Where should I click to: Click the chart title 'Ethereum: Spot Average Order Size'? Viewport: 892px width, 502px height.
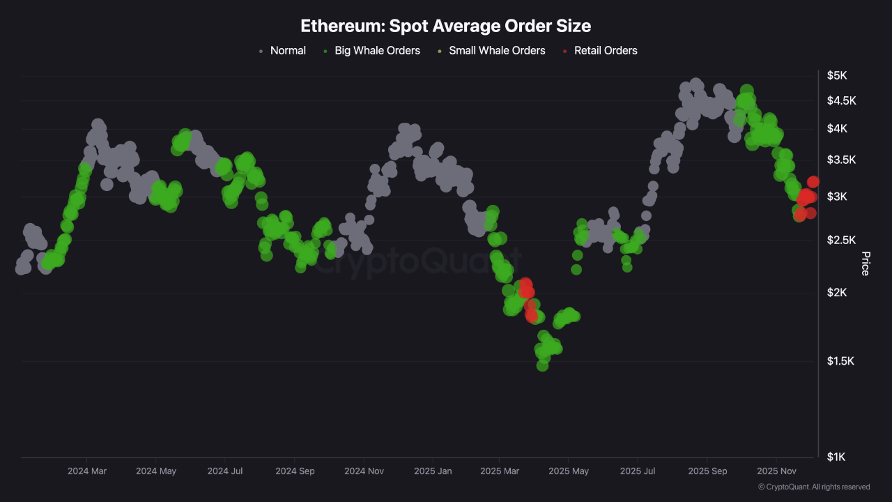(x=445, y=26)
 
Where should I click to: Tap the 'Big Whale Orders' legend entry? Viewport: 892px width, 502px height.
(x=377, y=50)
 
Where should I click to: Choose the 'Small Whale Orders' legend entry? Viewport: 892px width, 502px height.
(x=497, y=50)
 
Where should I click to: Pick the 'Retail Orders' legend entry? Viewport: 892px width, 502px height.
(x=605, y=50)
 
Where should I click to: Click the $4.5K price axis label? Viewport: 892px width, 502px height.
(x=841, y=101)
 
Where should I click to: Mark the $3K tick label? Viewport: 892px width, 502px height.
(x=836, y=197)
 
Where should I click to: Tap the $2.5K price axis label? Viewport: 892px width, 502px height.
(x=841, y=241)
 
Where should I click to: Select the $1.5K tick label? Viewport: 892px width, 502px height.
(x=841, y=361)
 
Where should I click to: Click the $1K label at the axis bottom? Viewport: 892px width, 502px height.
(x=836, y=457)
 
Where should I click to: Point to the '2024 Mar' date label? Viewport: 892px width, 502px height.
(x=87, y=471)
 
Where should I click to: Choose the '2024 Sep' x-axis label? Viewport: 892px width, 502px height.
(x=295, y=471)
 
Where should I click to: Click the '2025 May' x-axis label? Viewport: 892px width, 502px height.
(x=569, y=471)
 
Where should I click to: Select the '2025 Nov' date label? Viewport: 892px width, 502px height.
(x=776, y=471)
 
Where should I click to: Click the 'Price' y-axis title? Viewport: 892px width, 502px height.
(x=866, y=264)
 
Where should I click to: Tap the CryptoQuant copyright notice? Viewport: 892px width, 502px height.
(x=813, y=487)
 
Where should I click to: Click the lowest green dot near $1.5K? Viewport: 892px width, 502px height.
(x=542, y=365)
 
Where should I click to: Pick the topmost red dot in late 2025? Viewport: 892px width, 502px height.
(x=813, y=182)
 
